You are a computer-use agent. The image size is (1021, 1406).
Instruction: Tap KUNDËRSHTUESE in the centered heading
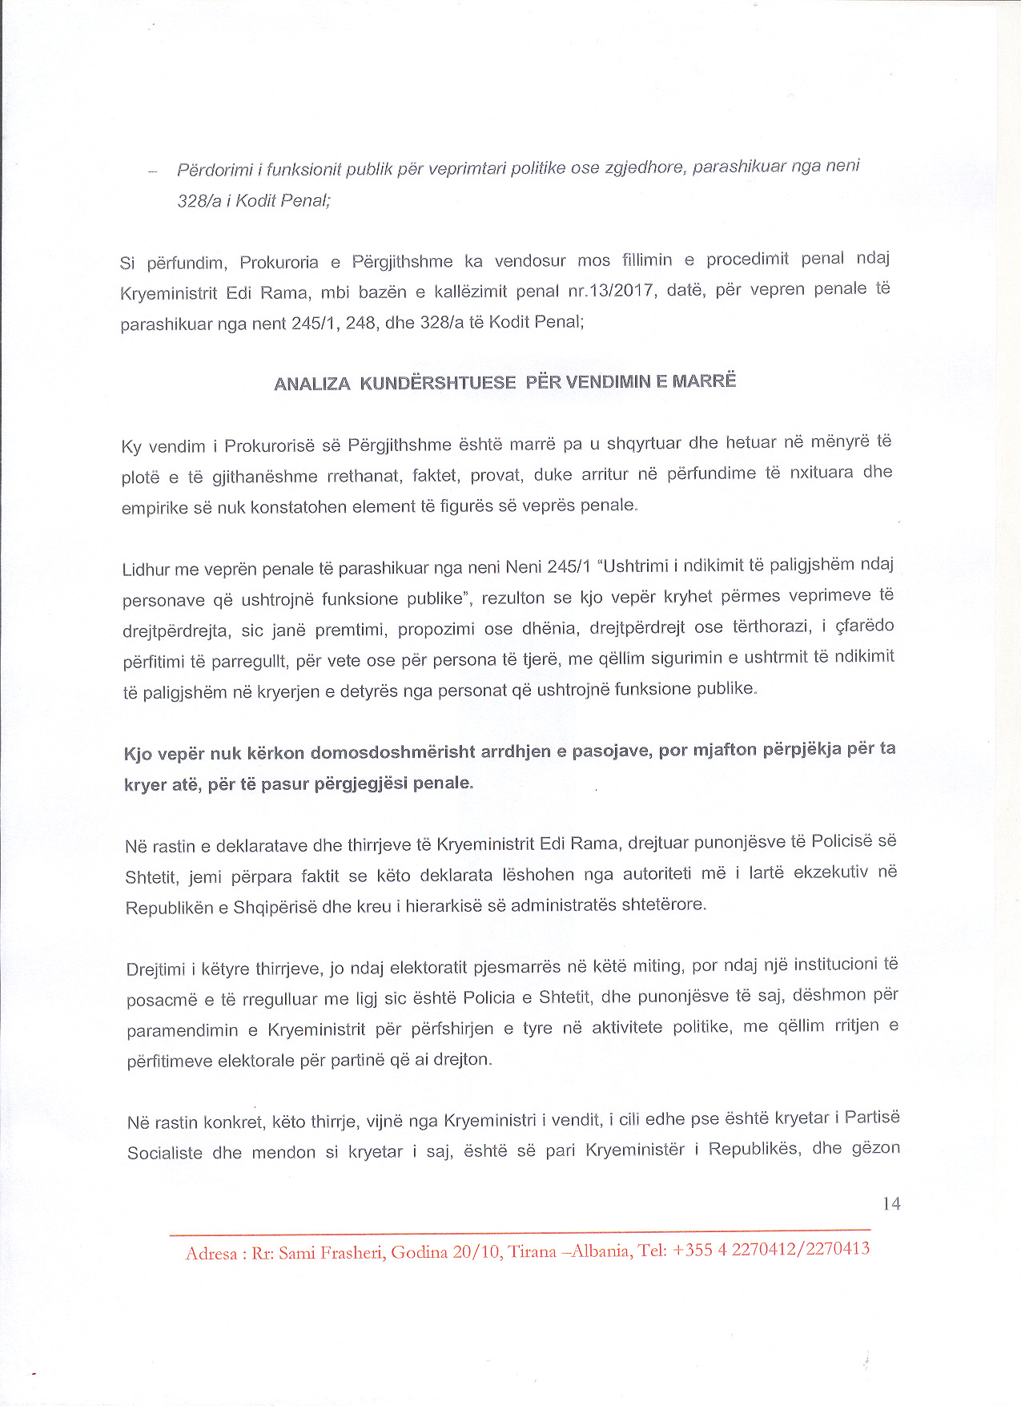(x=437, y=382)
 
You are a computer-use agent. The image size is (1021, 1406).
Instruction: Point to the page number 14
(x=890, y=1203)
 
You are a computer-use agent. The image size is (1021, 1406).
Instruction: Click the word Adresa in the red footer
(x=211, y=1254)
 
